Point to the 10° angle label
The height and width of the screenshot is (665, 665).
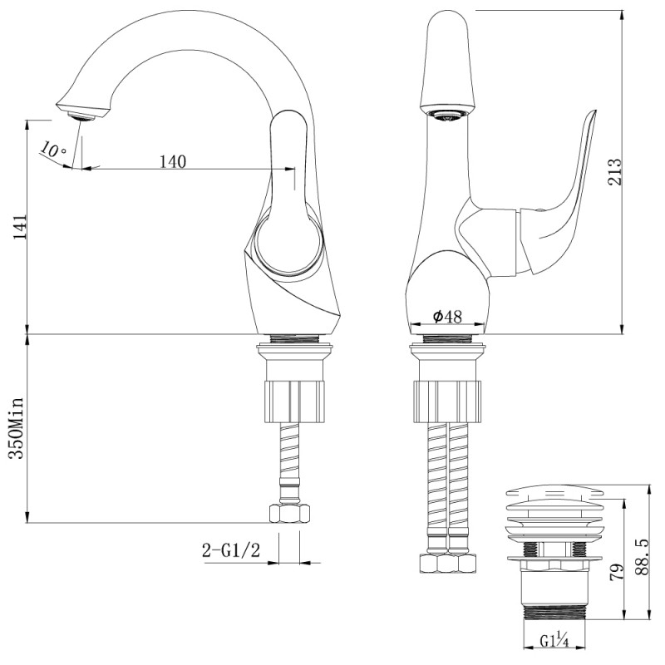[52, 150]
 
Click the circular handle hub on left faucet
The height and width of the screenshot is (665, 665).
[287, 243]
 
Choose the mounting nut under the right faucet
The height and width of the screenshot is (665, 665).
[447, 401]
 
